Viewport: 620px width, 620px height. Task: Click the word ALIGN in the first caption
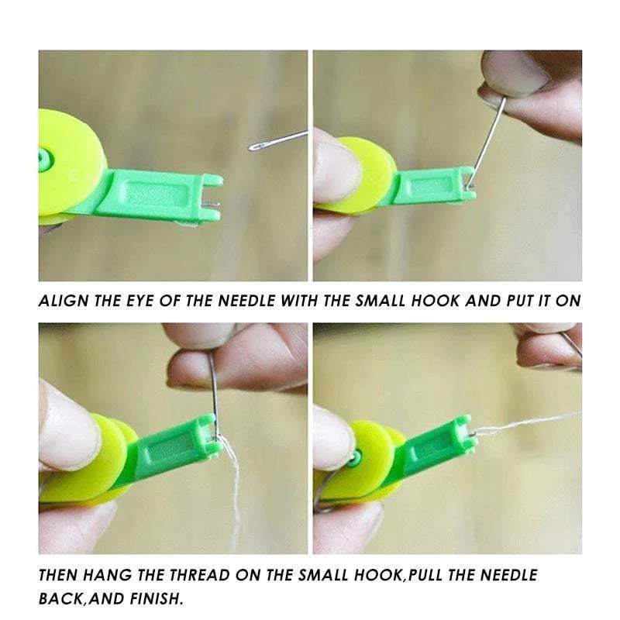point(63,301)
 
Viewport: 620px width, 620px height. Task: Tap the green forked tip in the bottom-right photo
point(463,434)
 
